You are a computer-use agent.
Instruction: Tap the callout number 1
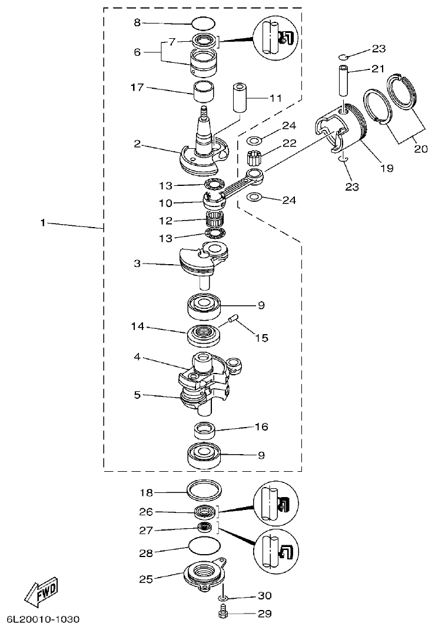point(42,223)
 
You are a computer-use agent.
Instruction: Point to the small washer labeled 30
point(223,598)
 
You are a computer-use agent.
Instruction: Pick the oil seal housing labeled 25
point(203,574)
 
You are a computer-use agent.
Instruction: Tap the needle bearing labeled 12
point(216,222)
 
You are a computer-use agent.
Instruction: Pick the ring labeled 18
point(204,489)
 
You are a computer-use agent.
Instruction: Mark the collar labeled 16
point(205,431)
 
